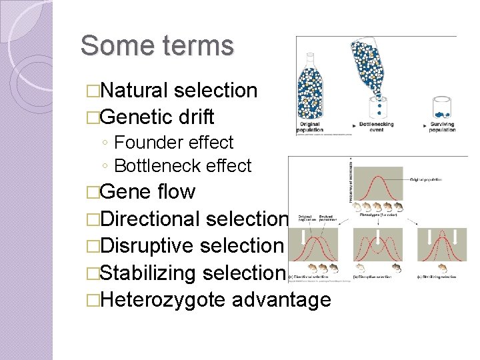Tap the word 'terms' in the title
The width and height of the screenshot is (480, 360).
pos(198,46)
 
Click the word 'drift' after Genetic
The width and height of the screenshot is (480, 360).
pos(197,117)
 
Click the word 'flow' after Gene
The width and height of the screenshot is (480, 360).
pos(177,192)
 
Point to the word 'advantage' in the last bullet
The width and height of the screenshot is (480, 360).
pos(281,300)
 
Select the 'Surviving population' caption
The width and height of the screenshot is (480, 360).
pos(443,127)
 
